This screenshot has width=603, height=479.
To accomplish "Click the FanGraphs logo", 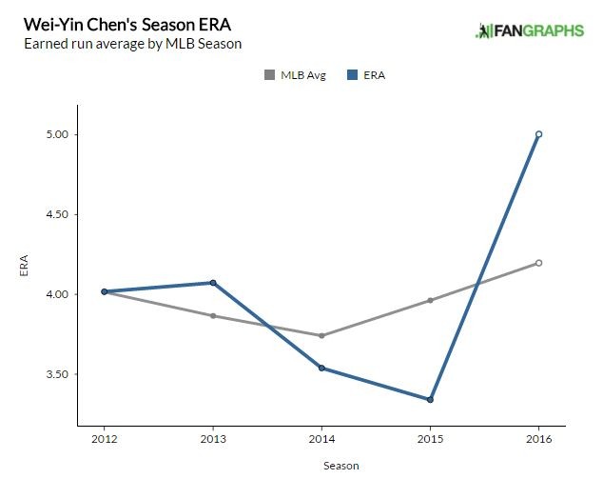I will coord(529,30).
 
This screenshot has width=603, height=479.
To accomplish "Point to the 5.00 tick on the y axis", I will coord(57,134).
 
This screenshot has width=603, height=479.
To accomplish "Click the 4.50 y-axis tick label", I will coord(57,214).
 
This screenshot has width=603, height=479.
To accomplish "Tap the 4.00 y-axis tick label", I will coord(57,294).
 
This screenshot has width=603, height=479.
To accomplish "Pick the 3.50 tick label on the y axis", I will coord(57,374).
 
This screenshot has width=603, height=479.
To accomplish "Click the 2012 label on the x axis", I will coord(104,439).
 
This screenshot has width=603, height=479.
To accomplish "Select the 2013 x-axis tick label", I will coord(213,439).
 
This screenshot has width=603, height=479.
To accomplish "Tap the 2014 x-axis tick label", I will coord(321,439).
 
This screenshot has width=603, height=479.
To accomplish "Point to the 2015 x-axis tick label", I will coord(430,439).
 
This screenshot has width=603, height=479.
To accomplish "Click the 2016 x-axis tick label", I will coord(538,439).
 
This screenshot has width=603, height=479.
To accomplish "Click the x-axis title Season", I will coord(321,467).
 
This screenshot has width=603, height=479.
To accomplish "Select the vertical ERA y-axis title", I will coord(25,266).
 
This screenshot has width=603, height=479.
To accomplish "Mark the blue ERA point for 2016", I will coord(538,134).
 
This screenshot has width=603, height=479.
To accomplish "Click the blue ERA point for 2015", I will coord(430,399).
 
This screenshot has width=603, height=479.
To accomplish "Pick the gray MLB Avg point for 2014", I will coord(321,335).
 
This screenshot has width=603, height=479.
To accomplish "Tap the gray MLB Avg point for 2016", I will coord(538,263).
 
